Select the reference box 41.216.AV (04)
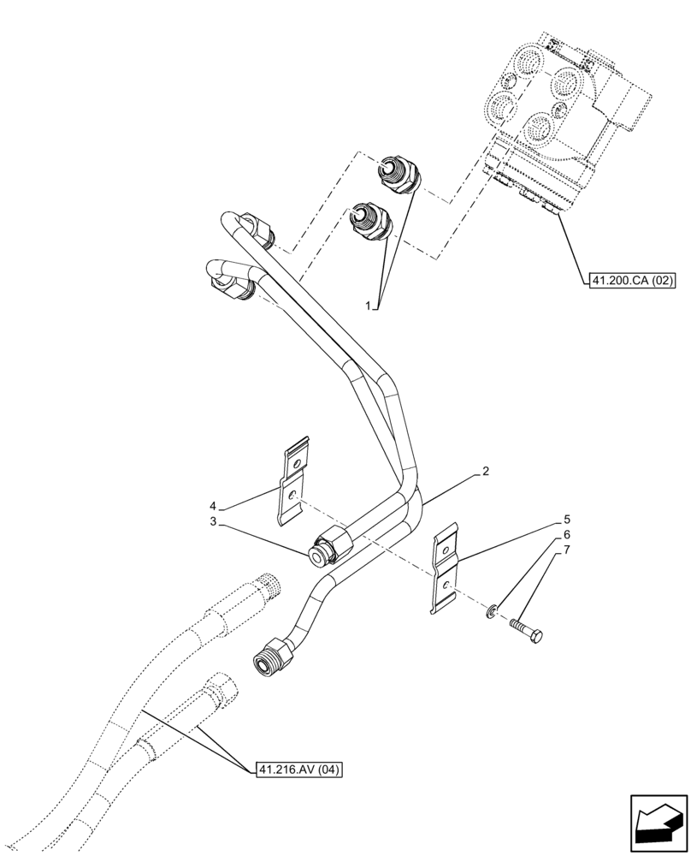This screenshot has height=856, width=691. [x=298, y=770]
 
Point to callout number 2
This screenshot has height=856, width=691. [x=485, y=472]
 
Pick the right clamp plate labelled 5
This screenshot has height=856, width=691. [x=445, y=569]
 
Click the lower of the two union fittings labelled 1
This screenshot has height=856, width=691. [x=371, y=219]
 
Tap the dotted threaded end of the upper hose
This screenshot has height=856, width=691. [x=267, y=586]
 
